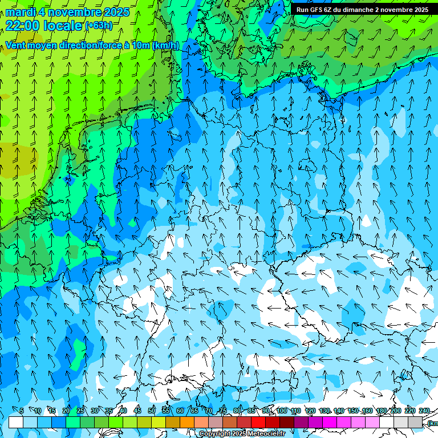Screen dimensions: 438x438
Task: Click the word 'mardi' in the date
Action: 21,11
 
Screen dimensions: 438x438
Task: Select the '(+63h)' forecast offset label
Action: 99,25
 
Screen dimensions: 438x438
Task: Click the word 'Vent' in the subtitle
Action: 17,45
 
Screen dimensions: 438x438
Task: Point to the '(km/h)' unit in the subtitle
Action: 165,45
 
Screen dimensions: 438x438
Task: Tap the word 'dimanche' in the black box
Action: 357,10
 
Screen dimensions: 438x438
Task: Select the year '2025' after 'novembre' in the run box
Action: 419,10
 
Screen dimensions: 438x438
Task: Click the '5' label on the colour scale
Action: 22,411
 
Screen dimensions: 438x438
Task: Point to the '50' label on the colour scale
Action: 152,411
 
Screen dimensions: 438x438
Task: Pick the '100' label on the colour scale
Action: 281,411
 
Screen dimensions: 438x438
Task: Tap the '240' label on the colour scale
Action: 424,411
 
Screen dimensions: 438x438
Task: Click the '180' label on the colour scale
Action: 381,411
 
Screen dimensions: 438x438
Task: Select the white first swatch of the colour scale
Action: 16,422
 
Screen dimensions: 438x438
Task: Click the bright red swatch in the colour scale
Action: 258,422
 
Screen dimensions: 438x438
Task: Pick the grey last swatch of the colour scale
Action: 415,422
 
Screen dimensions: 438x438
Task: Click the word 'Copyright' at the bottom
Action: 215,434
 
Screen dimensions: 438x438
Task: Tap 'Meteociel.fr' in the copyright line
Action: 266,434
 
